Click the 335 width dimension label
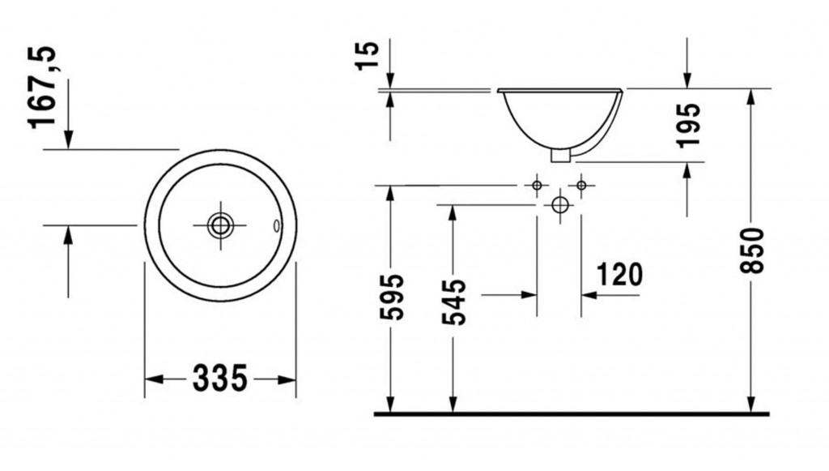click(220, 379)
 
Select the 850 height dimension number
click(752, 250)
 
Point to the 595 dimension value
click(392, 297)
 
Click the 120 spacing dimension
click(619, 274)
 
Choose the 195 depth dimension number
click(688, 125)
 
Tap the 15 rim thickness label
click(368, 56)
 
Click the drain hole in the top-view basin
click(220, 225)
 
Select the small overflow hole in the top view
click(276, 226)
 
